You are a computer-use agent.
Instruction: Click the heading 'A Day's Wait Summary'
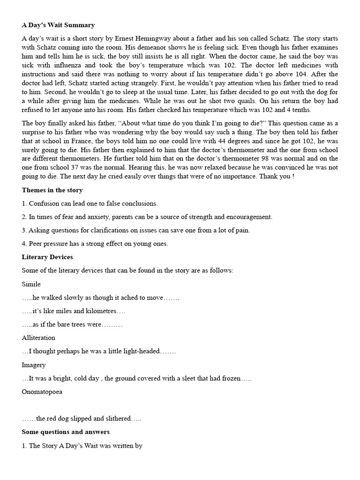[x=58, y=25]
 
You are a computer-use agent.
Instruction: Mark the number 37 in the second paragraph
[x=87, y=168]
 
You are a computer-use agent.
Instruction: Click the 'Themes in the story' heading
[x=52, y=190]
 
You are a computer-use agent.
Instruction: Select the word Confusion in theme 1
[x=44, y=203]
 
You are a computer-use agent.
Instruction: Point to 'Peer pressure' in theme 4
[x=49, y=244]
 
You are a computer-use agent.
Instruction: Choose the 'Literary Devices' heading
[x=47, y=257]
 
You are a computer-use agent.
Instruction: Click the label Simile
[x=31, y=284]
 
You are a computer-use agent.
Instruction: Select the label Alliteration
[x=38, y=337]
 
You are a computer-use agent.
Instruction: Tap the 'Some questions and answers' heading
[x=66, y=432]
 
